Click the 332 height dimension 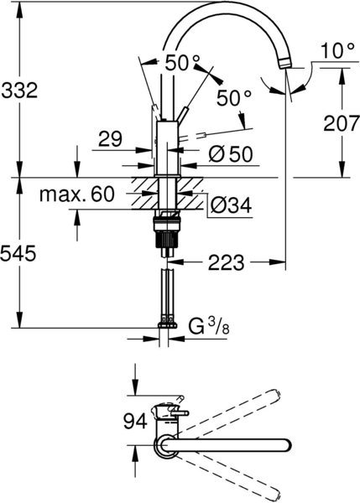point(19,91)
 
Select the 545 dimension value point(18,254)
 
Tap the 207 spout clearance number point(341,123)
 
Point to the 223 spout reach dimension point(226,262)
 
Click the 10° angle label point(337,50)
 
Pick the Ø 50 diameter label point(231,154)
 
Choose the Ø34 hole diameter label point(232,205)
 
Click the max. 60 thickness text point(76,194)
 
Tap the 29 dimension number point(110,139)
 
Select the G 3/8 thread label point(208,327)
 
